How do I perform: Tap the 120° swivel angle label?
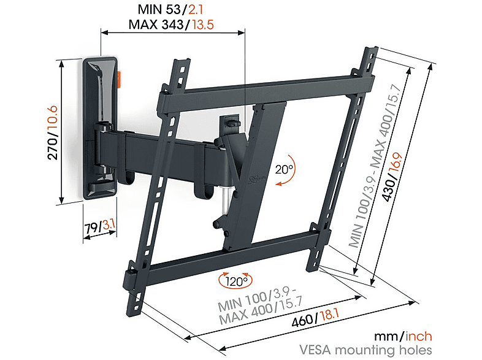(236, 281)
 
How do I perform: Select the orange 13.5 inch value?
(203, 25)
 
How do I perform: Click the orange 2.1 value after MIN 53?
(196, 10)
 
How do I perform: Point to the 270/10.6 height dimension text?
(53, 132)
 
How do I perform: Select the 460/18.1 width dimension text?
(315, 318)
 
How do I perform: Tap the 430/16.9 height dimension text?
(392, 177)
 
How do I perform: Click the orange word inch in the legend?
(419, 336)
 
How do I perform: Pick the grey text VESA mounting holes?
(365, 350)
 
